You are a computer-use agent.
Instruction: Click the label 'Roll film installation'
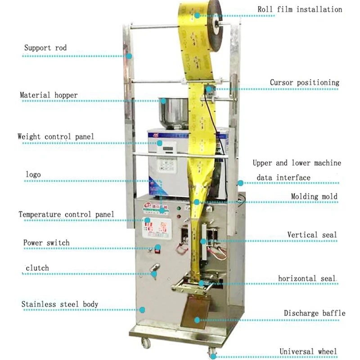[x=300, y=9]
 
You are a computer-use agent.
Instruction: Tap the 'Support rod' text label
[x=45, y=48]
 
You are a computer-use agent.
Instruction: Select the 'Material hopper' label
[x=49, y=95]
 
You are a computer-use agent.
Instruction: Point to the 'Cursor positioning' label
[x=305, y=83]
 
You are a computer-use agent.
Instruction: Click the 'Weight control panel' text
[x=56, y=136]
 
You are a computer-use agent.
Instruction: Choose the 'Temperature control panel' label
[x=66, y=214]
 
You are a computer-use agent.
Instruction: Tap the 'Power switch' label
[x=46, y=243]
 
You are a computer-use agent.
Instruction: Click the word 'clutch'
[x=37, y=268]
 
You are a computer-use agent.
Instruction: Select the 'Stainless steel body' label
[x=60, y=305]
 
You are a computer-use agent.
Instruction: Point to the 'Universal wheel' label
[x=308, y=351]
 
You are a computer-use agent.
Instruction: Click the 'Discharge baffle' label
[x=315, y=313]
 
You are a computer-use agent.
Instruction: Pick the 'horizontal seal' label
[x=307, y=279]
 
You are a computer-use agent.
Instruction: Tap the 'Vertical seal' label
[x=312, y=235]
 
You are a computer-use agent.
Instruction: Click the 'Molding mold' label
[x=314, y=197]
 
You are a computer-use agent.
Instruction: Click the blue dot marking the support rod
[x=129, y=56]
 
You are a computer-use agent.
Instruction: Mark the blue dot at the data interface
[x=241, y=183]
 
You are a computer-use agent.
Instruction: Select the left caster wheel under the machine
[x=145, y=343]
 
